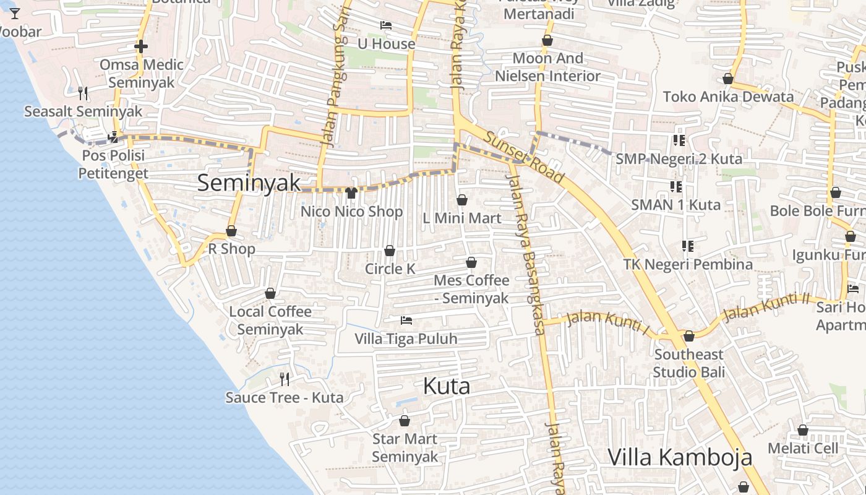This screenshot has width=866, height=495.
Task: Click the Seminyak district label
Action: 249,183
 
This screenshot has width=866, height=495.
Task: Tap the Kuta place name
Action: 447,387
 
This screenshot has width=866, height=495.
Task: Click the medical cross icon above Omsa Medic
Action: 141,46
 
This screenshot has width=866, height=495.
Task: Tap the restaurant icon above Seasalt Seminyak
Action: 83,93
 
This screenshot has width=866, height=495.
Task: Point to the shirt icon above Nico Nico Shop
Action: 351,193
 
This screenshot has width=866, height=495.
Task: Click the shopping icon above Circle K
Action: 390,251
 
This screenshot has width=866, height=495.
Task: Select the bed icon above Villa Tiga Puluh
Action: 406,321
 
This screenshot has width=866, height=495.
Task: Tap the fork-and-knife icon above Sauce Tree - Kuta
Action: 285,379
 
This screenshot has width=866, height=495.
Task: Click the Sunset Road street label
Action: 525,158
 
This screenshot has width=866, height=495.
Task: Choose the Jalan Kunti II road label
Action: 766,308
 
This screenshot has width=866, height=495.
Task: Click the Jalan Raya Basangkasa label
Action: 526,254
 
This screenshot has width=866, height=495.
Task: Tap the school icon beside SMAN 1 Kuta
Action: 676,186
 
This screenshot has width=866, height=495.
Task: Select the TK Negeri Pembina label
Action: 688,265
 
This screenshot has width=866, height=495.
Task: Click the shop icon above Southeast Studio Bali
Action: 688,336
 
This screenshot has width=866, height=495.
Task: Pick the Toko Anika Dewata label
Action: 728,97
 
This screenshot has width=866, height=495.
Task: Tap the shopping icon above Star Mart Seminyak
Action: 405,421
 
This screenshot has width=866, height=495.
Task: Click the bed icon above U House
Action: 386,25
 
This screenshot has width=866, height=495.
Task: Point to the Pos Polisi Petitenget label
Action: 113,164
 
